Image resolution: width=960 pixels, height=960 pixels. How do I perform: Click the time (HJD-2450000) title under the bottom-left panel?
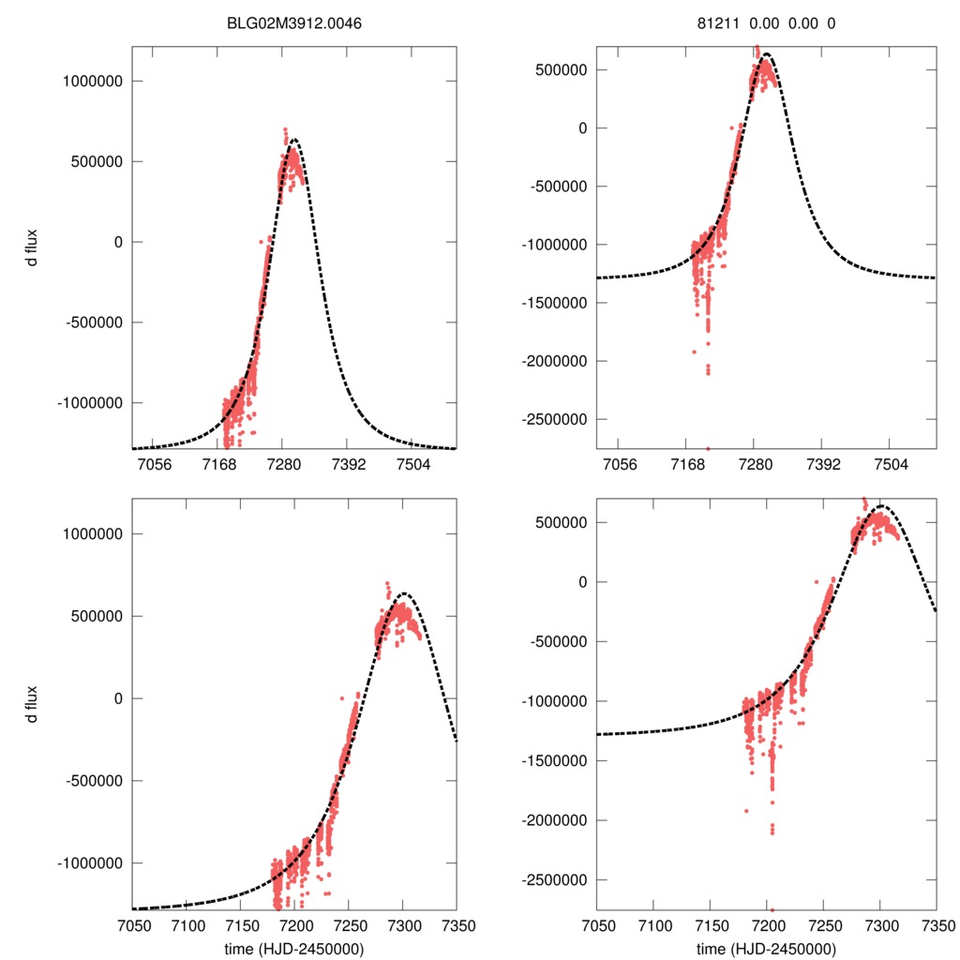click(x=294, y=948)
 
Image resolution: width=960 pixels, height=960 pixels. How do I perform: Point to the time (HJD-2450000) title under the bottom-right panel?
click(x=766, y=948)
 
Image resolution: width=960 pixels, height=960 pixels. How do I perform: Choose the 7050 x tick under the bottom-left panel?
click(x=133, y=925)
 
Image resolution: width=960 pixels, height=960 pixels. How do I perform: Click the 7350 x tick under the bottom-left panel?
click(x=457, y=925)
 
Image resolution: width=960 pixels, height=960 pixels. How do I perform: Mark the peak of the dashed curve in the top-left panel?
click(x=293, y=140)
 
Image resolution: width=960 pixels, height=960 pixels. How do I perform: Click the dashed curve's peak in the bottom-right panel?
click(x=881, y=506)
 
